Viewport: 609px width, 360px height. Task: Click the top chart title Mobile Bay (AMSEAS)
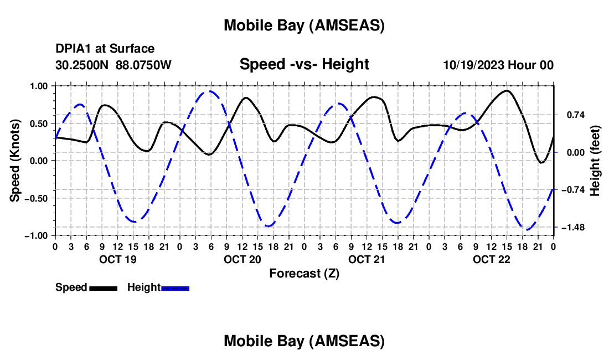304,25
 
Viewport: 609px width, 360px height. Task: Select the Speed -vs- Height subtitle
304,65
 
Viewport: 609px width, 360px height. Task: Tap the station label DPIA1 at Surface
105,49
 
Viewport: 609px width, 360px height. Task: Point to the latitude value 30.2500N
82,65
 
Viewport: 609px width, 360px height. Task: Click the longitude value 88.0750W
143,65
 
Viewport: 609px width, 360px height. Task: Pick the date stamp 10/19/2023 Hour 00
498,65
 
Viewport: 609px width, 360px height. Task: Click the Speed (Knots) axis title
16,160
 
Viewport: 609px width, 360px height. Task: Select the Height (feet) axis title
596,161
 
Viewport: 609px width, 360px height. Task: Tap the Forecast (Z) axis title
304,273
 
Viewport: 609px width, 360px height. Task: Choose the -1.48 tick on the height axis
574,227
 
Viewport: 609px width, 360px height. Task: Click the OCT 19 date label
118,259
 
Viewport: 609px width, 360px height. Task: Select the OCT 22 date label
491,259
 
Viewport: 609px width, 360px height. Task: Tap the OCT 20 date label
242,259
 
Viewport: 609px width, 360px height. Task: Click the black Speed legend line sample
103,287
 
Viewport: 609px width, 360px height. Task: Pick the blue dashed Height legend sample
176,287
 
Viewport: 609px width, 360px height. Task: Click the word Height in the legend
144,287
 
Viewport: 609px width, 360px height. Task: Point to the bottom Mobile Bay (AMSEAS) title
304,341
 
